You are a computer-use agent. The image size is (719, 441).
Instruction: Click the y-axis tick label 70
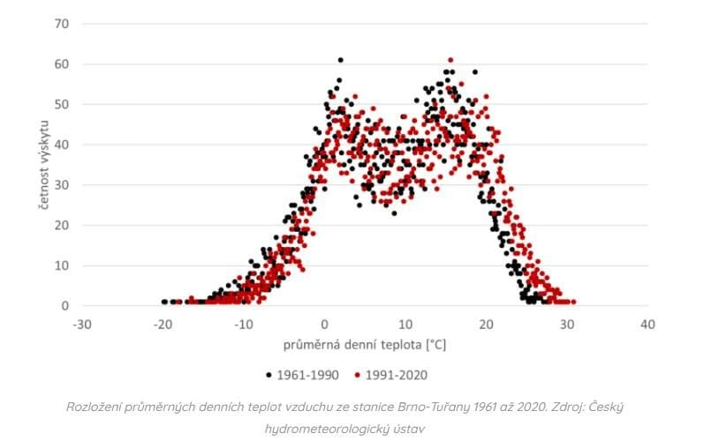pyautogui.click(x=60, y=23)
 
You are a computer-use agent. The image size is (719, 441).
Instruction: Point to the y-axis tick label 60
pyautogui.click(x=60, y=64)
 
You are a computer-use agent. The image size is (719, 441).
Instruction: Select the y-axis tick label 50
pyautogui.click(x=60, y=104)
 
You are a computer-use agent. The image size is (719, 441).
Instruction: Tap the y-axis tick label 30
pyautogui.click(x=60, y=185)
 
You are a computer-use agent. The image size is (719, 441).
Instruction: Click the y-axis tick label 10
pyautogui.click(x=60, y=265)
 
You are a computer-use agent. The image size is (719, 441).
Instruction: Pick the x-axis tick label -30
pyautogui.click(x=82, y=324)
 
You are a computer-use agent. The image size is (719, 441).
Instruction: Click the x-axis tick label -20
pyautogui.click(x=163, y=324)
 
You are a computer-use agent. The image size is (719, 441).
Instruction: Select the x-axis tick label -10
pyautogui.click(x=244, y=324)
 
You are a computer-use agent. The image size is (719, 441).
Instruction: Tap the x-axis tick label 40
pyautogui.click(x=647, y=324)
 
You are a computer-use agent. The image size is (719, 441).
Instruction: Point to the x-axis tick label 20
pyautogui.click(x=486, y=324)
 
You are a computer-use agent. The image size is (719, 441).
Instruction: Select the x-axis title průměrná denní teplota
pyautogui.click(x=364, y=344)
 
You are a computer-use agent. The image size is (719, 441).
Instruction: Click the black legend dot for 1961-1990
pyautogui.click(x=269, y=375)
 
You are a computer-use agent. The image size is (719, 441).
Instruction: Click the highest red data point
pyautogui.click(x=450, y=60)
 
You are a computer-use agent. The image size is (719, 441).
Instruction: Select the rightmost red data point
pyautogui.click(x=573, y=302)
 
